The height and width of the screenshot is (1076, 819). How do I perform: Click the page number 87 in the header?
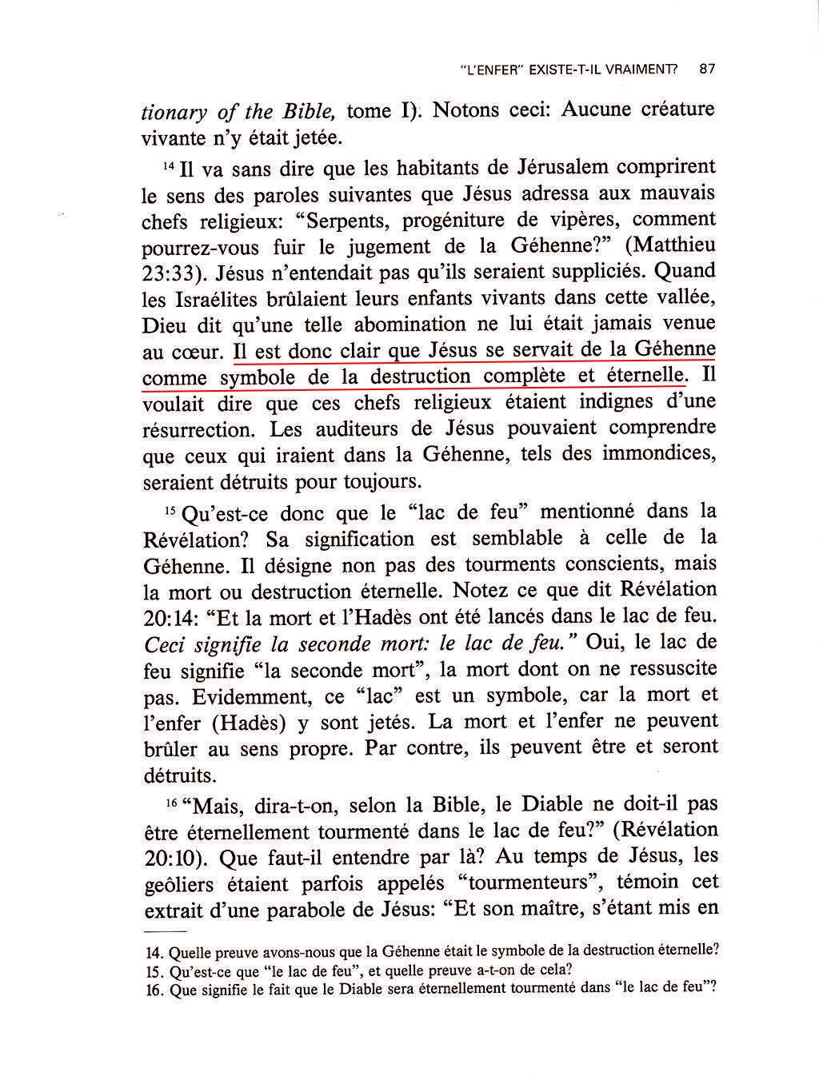coord(706,69)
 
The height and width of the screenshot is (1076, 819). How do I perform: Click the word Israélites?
coord(210,299)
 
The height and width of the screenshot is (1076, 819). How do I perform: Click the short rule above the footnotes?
coord(163,933)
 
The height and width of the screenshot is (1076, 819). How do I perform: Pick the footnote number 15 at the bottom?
coord(154,970)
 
